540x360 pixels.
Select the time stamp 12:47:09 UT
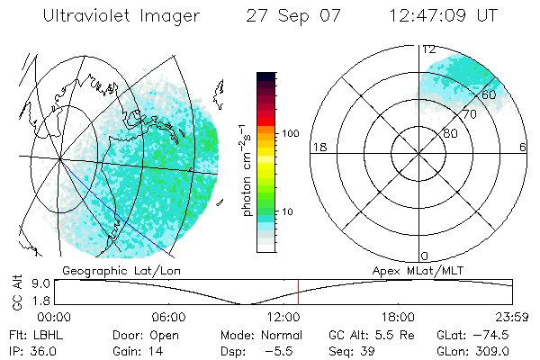pyautogui.click(x=444, y=16)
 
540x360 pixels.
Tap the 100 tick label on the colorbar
pyautogui.click(x=289, y=133)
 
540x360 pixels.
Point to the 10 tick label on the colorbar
pyautogui.click(x=288, y=211)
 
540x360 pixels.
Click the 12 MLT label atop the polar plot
pyautogui.click(x=429, y=49)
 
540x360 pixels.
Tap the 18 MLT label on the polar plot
pyautogui.click(x=319, y=147)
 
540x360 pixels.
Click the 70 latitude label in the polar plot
pyautogui.click(x=469, y=115)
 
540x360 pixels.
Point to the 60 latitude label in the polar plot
pyautogui.click(x=490, y=94)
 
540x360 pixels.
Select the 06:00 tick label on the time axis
pyautogui.click(x=168, y=317)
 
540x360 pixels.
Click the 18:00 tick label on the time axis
pyautogui.click(x=398, y=317)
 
